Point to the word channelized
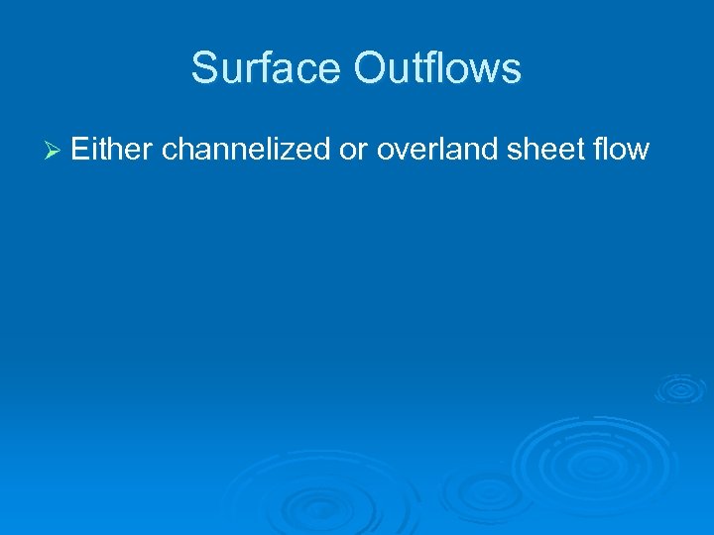click(x=248, y=150)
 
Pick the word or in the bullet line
click(x=354, y=151)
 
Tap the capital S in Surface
click(x=204, y=69)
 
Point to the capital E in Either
click(x=81, y=150)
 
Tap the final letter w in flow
click(x=639, y=152)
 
